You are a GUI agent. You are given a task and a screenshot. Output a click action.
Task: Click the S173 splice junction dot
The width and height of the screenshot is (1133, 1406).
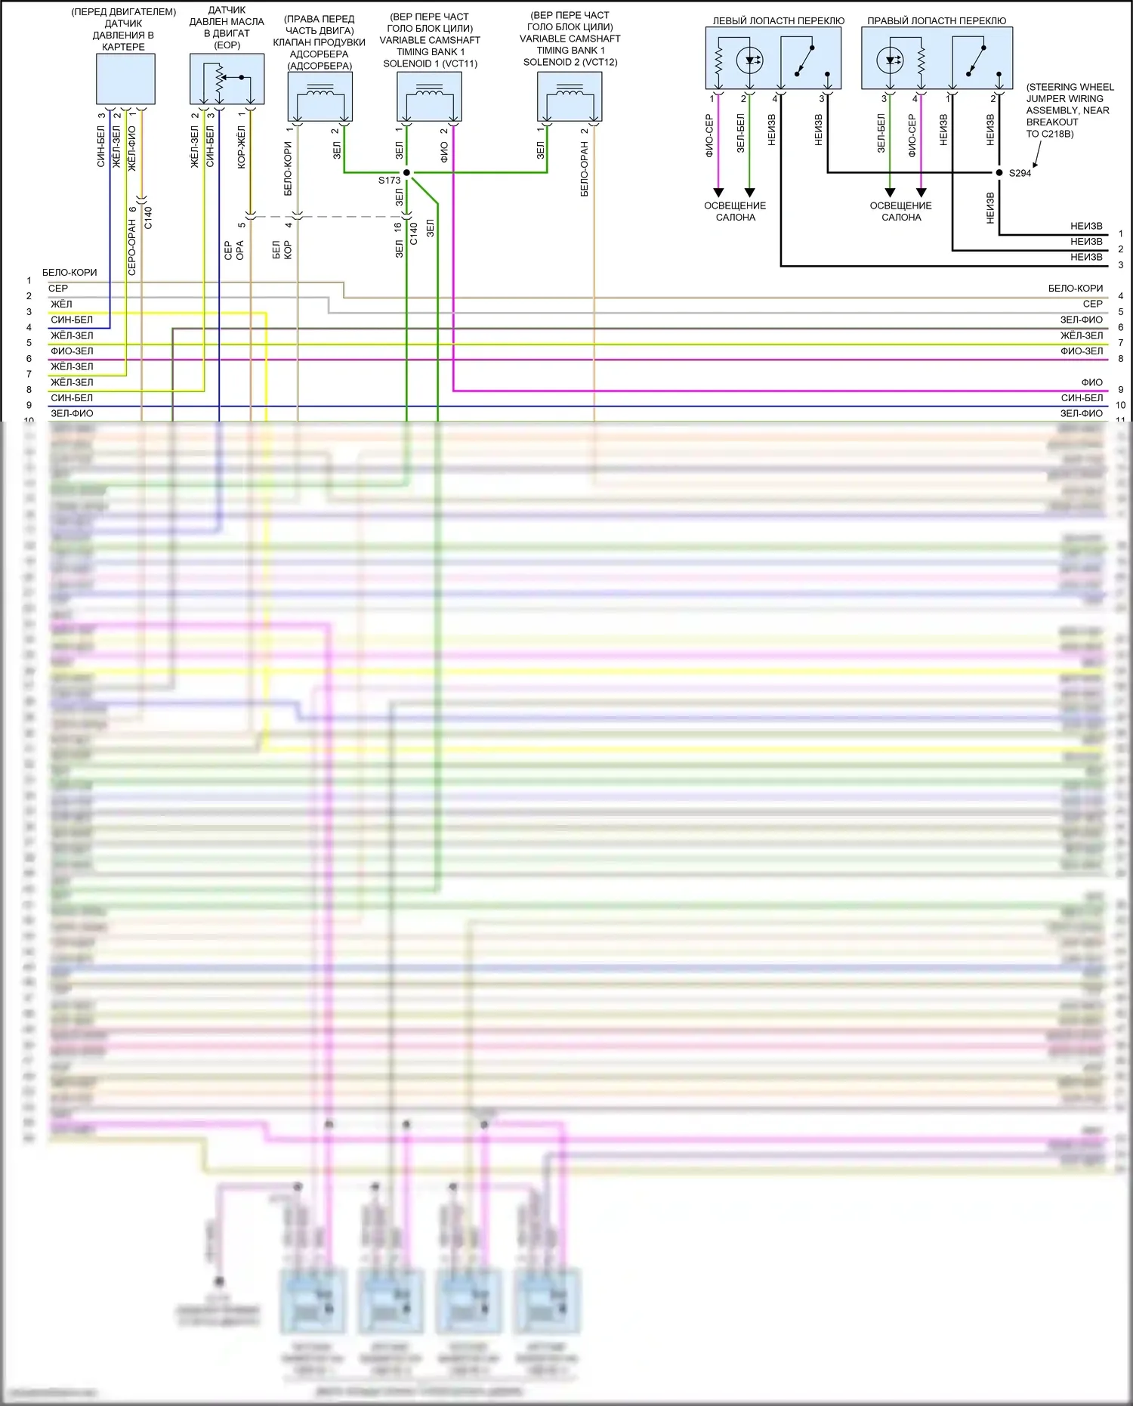point(406,173)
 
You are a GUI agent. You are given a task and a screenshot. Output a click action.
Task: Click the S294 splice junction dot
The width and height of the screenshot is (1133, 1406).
point(999,173)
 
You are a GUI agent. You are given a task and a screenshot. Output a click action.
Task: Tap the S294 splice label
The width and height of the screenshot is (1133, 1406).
point(1020,173)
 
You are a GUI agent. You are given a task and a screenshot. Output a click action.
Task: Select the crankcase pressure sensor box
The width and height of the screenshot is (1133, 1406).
point(125,79)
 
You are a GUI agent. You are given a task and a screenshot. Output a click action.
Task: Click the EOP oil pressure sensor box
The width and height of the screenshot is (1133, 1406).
point(227,79)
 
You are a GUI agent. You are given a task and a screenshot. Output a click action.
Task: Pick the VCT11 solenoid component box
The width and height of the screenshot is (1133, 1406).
point(429,97)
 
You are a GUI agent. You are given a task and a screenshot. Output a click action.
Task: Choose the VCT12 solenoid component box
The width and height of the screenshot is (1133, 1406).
point(570,97)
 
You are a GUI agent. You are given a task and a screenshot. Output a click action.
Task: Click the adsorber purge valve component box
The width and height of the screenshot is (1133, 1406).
point(320,97)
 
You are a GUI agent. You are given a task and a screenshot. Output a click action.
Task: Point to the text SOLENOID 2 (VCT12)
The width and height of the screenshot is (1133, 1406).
point(570,62)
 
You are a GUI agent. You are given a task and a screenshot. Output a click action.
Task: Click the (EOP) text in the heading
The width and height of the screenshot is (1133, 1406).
point(227,45)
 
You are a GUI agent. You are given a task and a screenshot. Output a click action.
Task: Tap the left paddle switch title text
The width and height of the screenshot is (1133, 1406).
point(778,21)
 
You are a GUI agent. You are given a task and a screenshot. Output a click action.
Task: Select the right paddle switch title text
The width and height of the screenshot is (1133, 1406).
point(937,21)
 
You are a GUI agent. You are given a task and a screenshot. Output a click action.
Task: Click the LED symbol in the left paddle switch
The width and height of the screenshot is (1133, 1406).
point(749,60)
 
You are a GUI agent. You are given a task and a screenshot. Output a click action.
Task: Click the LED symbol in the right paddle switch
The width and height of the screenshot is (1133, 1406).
point(891,60)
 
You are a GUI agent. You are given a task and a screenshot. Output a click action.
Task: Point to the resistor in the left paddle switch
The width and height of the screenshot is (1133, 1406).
point(718,60)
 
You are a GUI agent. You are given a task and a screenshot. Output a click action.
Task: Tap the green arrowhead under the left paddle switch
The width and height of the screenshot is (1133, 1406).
point(749,192)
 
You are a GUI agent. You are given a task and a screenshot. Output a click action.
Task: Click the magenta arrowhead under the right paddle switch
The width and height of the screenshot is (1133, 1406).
point(921,192)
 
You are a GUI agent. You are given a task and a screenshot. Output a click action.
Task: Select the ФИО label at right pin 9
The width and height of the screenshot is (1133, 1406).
point(1091,382)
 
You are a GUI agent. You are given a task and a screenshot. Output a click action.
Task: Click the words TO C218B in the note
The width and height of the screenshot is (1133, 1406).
point(1049,134)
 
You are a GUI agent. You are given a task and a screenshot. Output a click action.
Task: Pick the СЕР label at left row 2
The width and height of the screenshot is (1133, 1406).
point(58,288)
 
